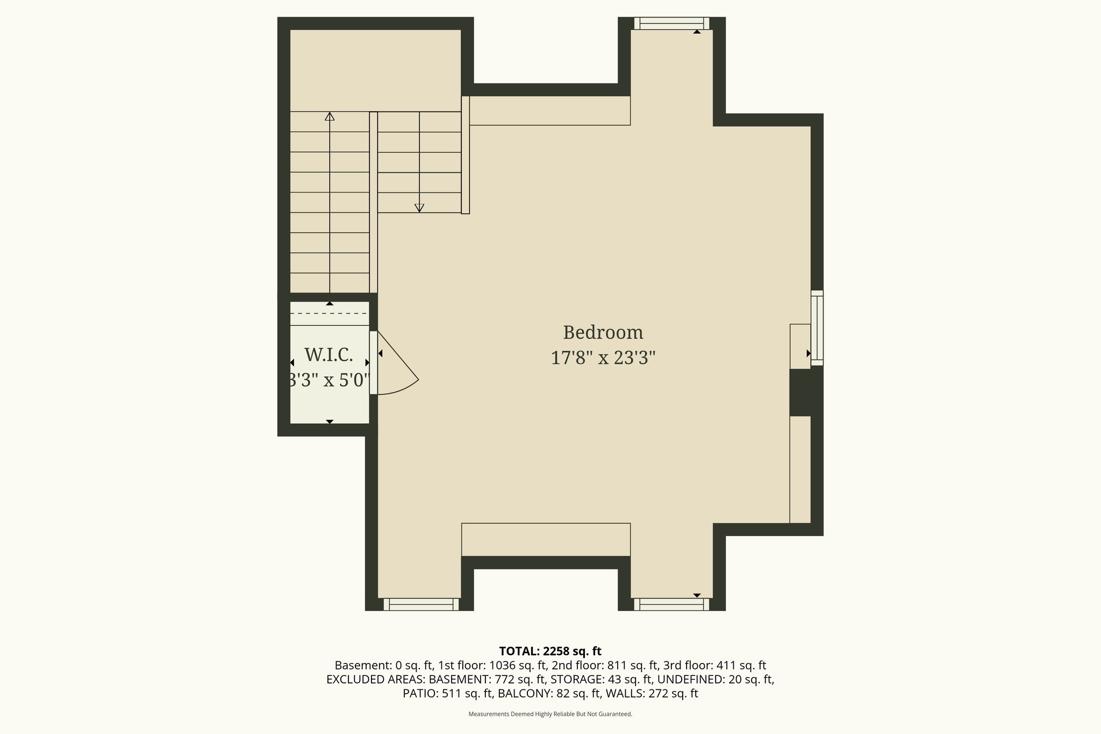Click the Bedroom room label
(x=603, y=332)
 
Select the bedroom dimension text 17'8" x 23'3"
(x=603, y=358)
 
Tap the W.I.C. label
(x=328, y=355)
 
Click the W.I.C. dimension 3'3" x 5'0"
(x=329, y=380)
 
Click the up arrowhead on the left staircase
(x=330, y=116)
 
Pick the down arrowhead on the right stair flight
(x=419, y=208)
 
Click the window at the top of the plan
(x=671, y=23)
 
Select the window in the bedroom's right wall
(x=817, y=328)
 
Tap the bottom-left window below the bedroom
(x=421, y=604)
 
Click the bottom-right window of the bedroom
(x=671, y=604)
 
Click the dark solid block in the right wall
(x=805, y=393)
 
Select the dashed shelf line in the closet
(x=330, y=313)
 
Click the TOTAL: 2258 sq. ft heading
(x=550, y=651)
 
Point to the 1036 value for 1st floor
(x=503, y=665)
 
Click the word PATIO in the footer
(x=420, y=693)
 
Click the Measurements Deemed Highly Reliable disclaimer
(x=550, y=714)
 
